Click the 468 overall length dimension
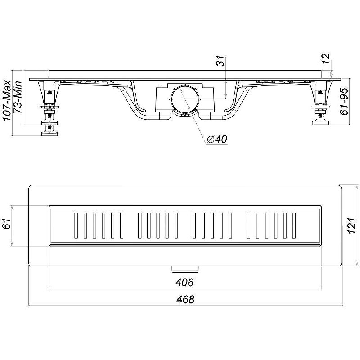(x=185, y=299)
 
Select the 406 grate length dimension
(x=184, y=282)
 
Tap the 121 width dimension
(x=352, y=226)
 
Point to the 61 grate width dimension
(x=7, y=224)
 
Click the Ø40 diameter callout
(x=217, y=139)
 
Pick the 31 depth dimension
(x=221, y=61)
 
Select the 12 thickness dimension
(x=326, y=58)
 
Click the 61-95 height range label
(x=344, y=101)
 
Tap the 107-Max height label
(x=7, y=100)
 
